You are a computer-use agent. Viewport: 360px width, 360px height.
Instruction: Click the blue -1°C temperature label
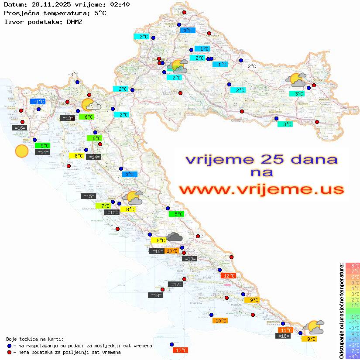tap(38, 101)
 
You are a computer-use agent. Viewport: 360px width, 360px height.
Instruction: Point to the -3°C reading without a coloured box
tap(73, 75)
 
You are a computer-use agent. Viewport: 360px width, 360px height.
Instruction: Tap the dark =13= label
tap(67, 118)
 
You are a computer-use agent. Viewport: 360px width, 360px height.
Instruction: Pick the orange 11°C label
tap(285, 330)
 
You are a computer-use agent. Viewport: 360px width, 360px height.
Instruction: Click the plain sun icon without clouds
tap(21, 151)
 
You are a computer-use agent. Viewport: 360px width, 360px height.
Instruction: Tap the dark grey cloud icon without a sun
tap(175, 237)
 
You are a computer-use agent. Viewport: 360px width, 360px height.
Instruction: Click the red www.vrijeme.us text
tap(261, 189)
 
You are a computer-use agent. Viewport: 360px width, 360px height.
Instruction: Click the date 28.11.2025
tap(48, 4)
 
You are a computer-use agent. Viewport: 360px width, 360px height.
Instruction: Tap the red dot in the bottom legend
tap(9, 352)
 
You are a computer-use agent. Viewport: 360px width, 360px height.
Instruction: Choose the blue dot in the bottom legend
tap(9, 346)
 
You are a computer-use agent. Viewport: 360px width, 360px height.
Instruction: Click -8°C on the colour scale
tap(352, 356)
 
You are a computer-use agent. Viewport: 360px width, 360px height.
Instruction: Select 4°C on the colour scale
tap(352, 288)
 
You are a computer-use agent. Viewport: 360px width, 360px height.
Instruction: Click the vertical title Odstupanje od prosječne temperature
tap(342, 310)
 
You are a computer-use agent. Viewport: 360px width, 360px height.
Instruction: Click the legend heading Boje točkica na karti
tap(35, 339)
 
